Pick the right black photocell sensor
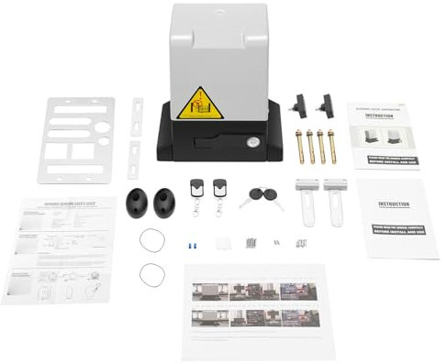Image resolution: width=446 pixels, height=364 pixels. [x=165, y=202]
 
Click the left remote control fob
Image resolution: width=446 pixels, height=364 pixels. [x=198, y=193]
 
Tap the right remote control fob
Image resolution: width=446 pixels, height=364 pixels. [x=220, y=193]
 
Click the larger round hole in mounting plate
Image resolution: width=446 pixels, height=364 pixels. [x=103, y=126]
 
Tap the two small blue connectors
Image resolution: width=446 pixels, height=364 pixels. [x=189, y=245]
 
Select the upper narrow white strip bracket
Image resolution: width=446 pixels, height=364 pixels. [x=138, y=116]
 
